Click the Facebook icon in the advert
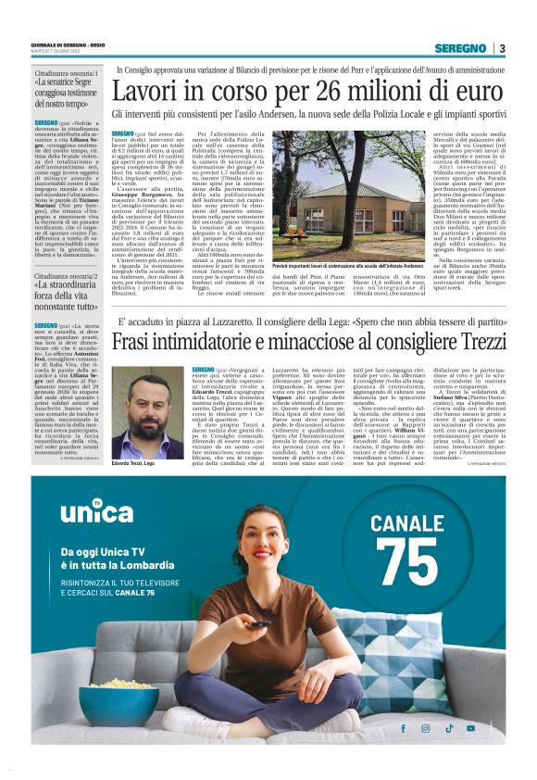pos(402,728)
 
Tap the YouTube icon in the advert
pos(471,728)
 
